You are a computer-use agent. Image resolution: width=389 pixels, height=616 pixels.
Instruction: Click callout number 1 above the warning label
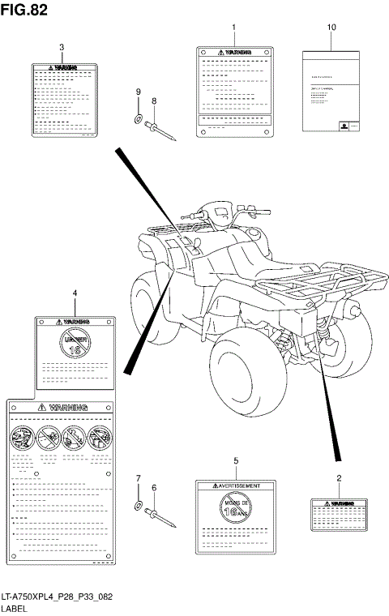[233, 28]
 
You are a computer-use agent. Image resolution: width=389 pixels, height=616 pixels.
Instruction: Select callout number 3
[62, 47]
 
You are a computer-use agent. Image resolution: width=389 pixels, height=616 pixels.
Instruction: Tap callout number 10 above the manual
[331, 28]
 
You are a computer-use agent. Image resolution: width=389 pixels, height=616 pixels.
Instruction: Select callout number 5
[236, 461]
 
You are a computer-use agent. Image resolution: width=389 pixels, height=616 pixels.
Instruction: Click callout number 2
[338, 479]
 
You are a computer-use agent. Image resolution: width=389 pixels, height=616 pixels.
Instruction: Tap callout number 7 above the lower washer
[138, 478]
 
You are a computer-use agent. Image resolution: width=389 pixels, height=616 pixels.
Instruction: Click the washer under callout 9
[139, 122]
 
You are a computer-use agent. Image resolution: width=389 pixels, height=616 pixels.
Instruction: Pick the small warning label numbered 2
[338, 515]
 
